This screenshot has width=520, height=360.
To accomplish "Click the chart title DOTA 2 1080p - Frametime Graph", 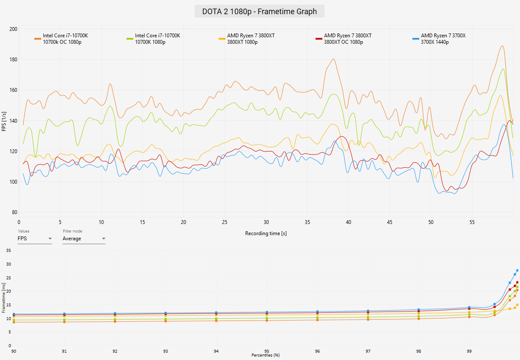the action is [x=259, y=12].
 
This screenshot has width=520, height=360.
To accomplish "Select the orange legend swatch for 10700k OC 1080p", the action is [x=38, y=39].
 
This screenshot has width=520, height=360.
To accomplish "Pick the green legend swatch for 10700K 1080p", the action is [x=130, y=39].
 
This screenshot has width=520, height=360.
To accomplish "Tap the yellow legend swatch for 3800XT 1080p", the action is [x=222, y=39].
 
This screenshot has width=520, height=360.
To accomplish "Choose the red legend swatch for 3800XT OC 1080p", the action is [x=319, y=39].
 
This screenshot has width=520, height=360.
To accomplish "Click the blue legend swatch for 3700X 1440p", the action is [x=416, y=39].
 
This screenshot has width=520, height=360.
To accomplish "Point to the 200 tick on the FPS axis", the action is [x=13, y=29].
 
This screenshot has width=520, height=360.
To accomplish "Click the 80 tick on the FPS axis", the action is [x=15, y=212].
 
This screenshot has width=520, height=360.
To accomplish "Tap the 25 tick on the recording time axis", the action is [x=225, y=222].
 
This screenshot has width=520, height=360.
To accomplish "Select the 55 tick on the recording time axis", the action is [x=472, y=222].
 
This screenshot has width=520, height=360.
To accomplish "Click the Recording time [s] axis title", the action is [x=266, y=233].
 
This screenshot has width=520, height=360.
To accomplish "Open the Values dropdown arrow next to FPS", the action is [x=50, y=239].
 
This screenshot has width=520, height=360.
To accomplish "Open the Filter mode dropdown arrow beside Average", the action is [x=104, y=239].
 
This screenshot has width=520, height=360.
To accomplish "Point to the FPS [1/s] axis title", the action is [x=4, y=121].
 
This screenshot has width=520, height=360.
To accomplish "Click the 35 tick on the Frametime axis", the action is [x=9, y=251].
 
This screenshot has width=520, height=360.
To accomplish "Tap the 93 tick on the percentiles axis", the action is [x=165, y=351].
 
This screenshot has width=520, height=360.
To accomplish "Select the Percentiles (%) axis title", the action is [x=265, y=355].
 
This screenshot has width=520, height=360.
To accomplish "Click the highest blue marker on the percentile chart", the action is [x=517, y=270].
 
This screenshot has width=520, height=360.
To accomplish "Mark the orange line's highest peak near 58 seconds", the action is [x=502, y=46].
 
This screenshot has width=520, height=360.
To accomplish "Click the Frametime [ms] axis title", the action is [x=3, y=298].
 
